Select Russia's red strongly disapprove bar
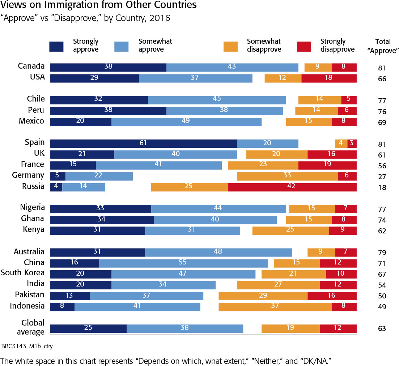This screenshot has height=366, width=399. pos(292,187)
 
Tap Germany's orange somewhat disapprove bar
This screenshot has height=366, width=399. pos(287,176)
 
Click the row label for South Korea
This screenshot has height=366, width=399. pos(23,273)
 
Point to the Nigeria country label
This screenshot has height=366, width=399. pos(33,208)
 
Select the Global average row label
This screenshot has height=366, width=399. pos(33,327)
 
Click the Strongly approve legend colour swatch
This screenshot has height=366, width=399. pos(56,46)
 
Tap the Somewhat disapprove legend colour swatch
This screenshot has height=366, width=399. pos(231,46)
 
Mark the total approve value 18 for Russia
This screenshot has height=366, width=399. pos(382,188)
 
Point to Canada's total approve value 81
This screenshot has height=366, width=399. pos(382,68)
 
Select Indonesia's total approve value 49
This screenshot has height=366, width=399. pos(382,307)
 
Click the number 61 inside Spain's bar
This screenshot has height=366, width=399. pos(143,143)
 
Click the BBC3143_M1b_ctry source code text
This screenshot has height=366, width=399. pos(24,346)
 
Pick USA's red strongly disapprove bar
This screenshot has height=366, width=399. pos(329,78)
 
